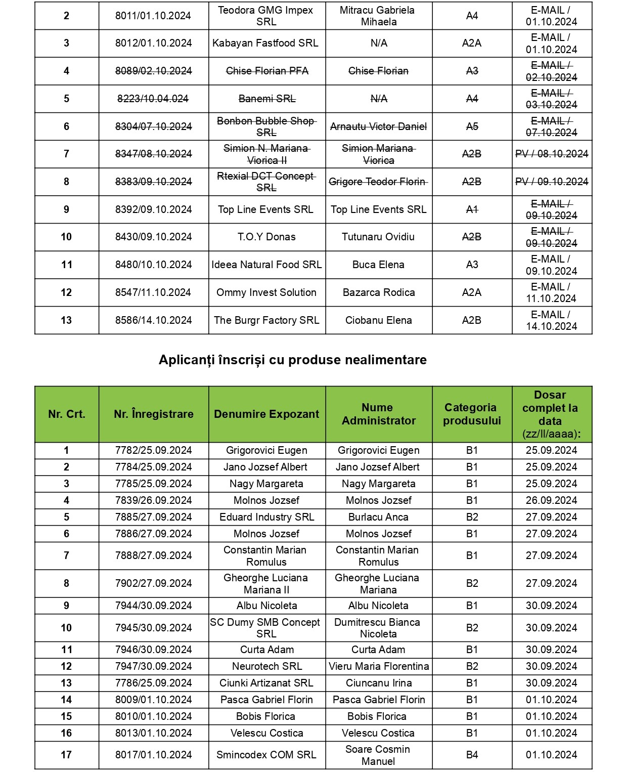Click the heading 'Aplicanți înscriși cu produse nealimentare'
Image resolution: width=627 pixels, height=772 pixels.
coord(292,360)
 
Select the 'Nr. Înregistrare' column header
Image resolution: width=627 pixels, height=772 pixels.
coord(154,414)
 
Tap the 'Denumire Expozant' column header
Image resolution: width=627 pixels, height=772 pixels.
coord(266,414)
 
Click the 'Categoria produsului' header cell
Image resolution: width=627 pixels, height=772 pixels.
coord(472,414)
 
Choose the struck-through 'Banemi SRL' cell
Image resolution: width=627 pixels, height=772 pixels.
coord(267,99)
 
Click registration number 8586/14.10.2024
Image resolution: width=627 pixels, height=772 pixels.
coord(154,320)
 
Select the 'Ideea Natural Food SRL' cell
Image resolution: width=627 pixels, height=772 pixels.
coord(266,265)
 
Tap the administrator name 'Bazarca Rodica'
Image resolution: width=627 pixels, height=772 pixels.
coord(379,292)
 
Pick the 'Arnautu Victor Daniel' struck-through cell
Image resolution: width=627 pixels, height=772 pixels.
coord(378,126)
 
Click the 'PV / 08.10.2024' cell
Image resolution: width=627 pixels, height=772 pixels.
coord(552,154)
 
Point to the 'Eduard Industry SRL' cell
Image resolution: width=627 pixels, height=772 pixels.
coord(266,517)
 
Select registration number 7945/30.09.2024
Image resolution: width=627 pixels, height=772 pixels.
coord(154,628)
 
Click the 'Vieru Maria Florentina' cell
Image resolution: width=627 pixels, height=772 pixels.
coord(379,666)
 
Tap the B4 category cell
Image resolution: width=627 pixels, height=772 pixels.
coord(472,755)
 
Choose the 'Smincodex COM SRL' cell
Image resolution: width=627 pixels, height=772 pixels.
coord(266,755)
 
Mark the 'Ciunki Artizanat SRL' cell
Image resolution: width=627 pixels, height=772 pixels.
coord(266,683)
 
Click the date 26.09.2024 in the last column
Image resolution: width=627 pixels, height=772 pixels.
coord(552,500)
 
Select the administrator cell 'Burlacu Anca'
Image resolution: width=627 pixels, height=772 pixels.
coord(378,517)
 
